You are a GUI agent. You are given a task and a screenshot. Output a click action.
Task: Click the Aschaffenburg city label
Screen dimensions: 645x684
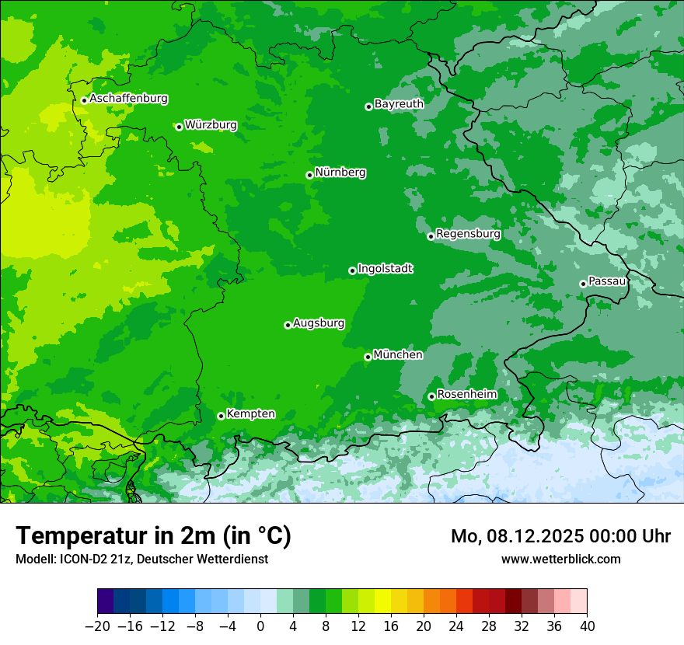click(128, 99)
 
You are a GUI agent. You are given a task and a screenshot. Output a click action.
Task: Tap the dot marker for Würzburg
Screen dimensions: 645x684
click(179, 127)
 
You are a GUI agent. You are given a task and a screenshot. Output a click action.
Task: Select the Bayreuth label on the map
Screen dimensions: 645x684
click(399, 103)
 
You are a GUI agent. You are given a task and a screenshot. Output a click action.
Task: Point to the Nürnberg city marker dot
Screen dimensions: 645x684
click(309, 175)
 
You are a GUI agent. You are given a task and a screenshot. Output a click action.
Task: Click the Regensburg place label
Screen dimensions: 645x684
click(468, 233)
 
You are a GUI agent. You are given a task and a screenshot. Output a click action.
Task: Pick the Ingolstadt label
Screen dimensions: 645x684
click(385, 268)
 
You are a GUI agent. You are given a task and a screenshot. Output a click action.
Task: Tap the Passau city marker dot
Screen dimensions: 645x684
click(583, 284)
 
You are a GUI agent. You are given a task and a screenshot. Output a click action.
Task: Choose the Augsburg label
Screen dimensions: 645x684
click(319, 322)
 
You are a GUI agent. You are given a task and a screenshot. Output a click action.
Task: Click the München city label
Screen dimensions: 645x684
click(398, 354)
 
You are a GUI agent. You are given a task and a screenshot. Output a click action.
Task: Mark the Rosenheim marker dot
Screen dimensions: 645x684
click(431, 397)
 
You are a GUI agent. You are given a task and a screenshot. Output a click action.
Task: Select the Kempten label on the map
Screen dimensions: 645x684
click(250, 413)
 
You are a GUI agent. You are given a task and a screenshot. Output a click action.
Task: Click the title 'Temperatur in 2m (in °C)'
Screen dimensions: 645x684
click(153, 535)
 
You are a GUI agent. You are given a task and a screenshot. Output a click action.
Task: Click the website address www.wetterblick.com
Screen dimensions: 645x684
click(560, 559)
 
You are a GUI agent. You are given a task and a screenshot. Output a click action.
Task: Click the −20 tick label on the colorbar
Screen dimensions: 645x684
click(97, 626)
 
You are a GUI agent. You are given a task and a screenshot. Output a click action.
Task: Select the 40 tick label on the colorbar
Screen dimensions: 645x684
click(587, 626)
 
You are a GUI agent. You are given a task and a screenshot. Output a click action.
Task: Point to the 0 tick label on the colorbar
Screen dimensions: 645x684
click(260, 626)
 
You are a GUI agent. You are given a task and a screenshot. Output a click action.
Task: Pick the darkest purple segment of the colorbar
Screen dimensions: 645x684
click(106, 601)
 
